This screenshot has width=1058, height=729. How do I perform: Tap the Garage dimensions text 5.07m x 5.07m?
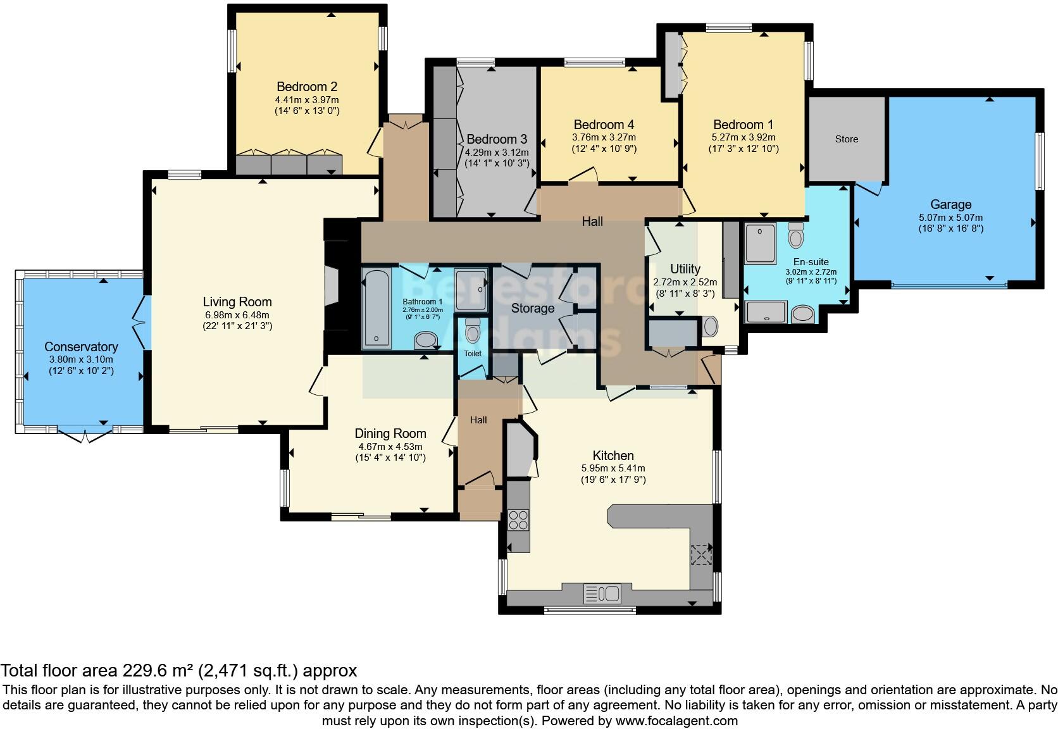tap(950, 217)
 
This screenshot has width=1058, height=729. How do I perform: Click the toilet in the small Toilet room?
tap(472, 331)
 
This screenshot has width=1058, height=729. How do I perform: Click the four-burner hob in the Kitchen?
tap(518, 520)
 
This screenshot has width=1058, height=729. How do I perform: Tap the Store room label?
tap(846, 139)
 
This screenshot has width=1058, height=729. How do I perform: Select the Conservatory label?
tap(81, 347)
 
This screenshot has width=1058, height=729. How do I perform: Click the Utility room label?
tap(685, 268)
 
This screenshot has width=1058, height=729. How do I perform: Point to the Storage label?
tap(533, 308)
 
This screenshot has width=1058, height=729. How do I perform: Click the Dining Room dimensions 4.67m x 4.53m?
tap(390, 446)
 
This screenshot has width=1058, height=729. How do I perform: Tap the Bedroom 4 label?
tap(604, 125)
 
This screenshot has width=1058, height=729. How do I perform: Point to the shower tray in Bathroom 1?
tap(471, 290)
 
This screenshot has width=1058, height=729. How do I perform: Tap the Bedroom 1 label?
tap(743, 125)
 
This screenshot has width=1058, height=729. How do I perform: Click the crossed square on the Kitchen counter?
tap(700, 555)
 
